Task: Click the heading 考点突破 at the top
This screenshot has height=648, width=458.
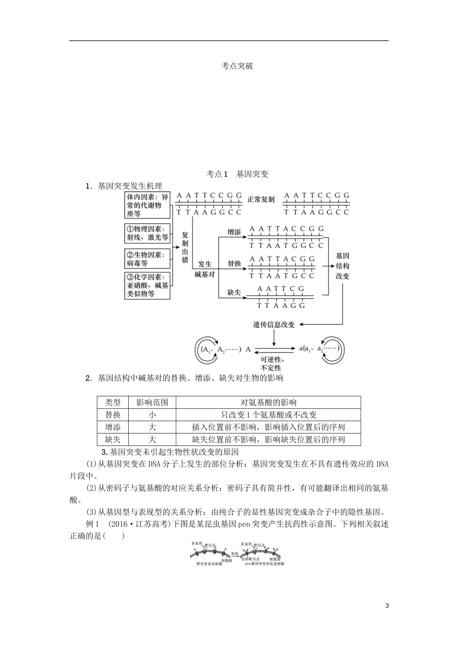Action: click(x=237, y=66)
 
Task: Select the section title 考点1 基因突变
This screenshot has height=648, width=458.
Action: click(x=237, y=174)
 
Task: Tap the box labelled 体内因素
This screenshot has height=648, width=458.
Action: click(x=148, y=205)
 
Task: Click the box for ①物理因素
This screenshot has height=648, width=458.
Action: click(x=148, y=233)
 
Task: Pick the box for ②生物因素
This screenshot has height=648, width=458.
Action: click(x=148, y=259)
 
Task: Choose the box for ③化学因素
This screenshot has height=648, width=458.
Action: click(x=148, y=285)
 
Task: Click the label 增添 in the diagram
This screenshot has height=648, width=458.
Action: click(x=234, y=232)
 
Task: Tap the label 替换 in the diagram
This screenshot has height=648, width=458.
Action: click(x=234, y=264)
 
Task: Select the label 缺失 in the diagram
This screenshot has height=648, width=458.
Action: click(x=234, y=292)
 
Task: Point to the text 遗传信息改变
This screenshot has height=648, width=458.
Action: click(x=274, y=325)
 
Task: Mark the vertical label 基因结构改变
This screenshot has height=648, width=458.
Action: click(x=342, y=266)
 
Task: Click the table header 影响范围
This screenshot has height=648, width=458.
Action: click(x=152, y=403)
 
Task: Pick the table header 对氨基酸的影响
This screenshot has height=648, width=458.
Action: click(x=268, y=403)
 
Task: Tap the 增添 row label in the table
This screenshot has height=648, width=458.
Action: click(x=113, y=427)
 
